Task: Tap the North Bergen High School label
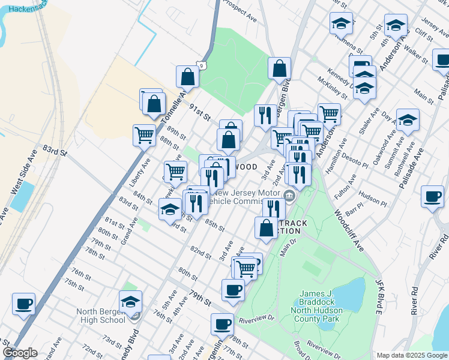point(100,316)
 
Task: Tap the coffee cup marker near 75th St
point(23,303)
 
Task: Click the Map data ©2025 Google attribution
point(411,355)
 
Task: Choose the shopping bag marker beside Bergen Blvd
point(280,69)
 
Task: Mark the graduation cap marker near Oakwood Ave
point(408,121)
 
